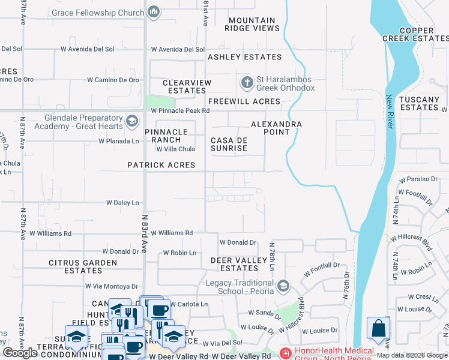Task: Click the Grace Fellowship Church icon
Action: click(154, 12)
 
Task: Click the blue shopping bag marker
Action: click(378, 329)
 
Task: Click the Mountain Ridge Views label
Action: click(252, 24)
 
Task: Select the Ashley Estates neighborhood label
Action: click(244, 57)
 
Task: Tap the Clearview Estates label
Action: click(186, 86)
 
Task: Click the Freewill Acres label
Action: click(244, 101)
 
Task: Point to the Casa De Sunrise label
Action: click(229, 144)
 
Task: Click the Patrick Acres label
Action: click(161, 165)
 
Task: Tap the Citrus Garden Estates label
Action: click(83, 266)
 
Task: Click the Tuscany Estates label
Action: click(420, 103)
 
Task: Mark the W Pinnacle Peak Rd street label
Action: click(180, 111)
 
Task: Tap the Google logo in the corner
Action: click(20, 353)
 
